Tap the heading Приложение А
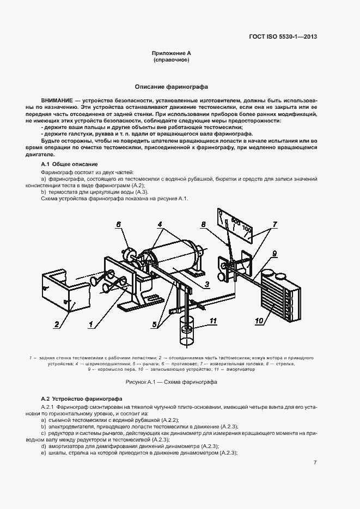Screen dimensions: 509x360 pos(171,53)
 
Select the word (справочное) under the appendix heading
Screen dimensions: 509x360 pos(171,60)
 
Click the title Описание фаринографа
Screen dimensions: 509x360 pos(171,87)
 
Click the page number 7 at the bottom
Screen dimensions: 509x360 pos(315,463)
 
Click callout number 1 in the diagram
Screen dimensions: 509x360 pos(91,324)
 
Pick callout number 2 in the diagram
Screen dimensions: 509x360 pos(56,325)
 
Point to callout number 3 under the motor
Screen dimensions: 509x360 pos(207,284)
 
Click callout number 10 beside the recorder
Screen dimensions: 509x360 pos(259,321)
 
